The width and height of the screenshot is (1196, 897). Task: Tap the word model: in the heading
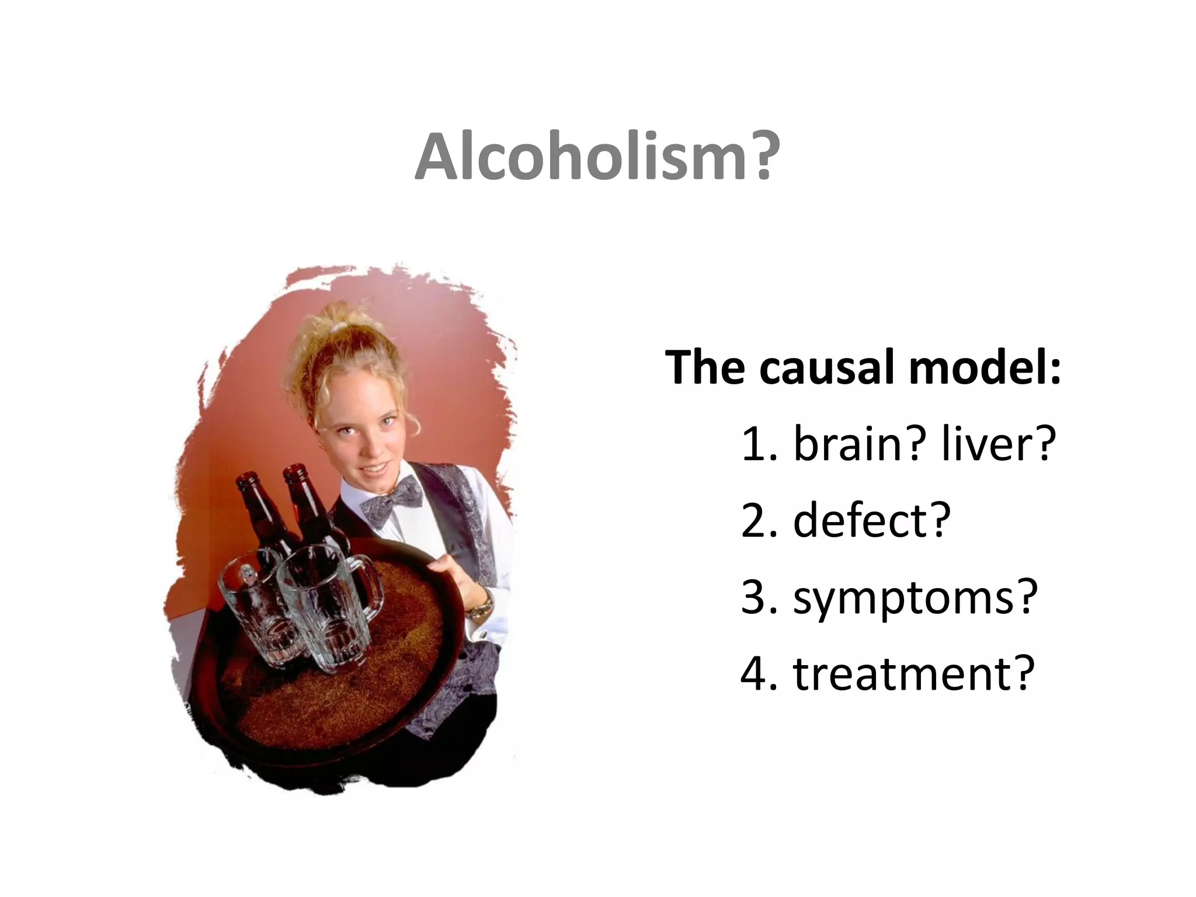[x=984, y=368]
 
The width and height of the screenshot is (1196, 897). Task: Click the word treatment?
[x=913, y=673]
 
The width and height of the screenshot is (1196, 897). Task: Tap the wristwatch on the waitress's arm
[x=482, y=607]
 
